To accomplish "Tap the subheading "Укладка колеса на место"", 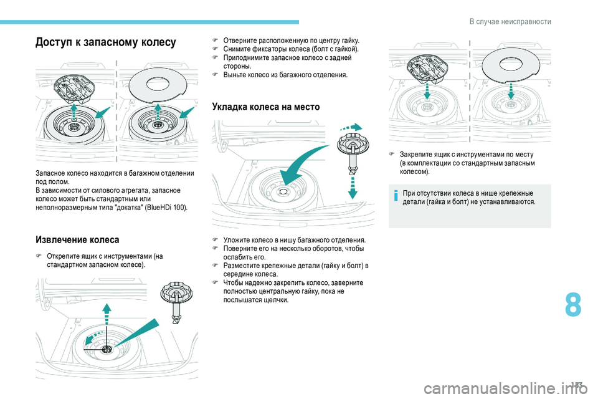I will (x=266, y=107).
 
